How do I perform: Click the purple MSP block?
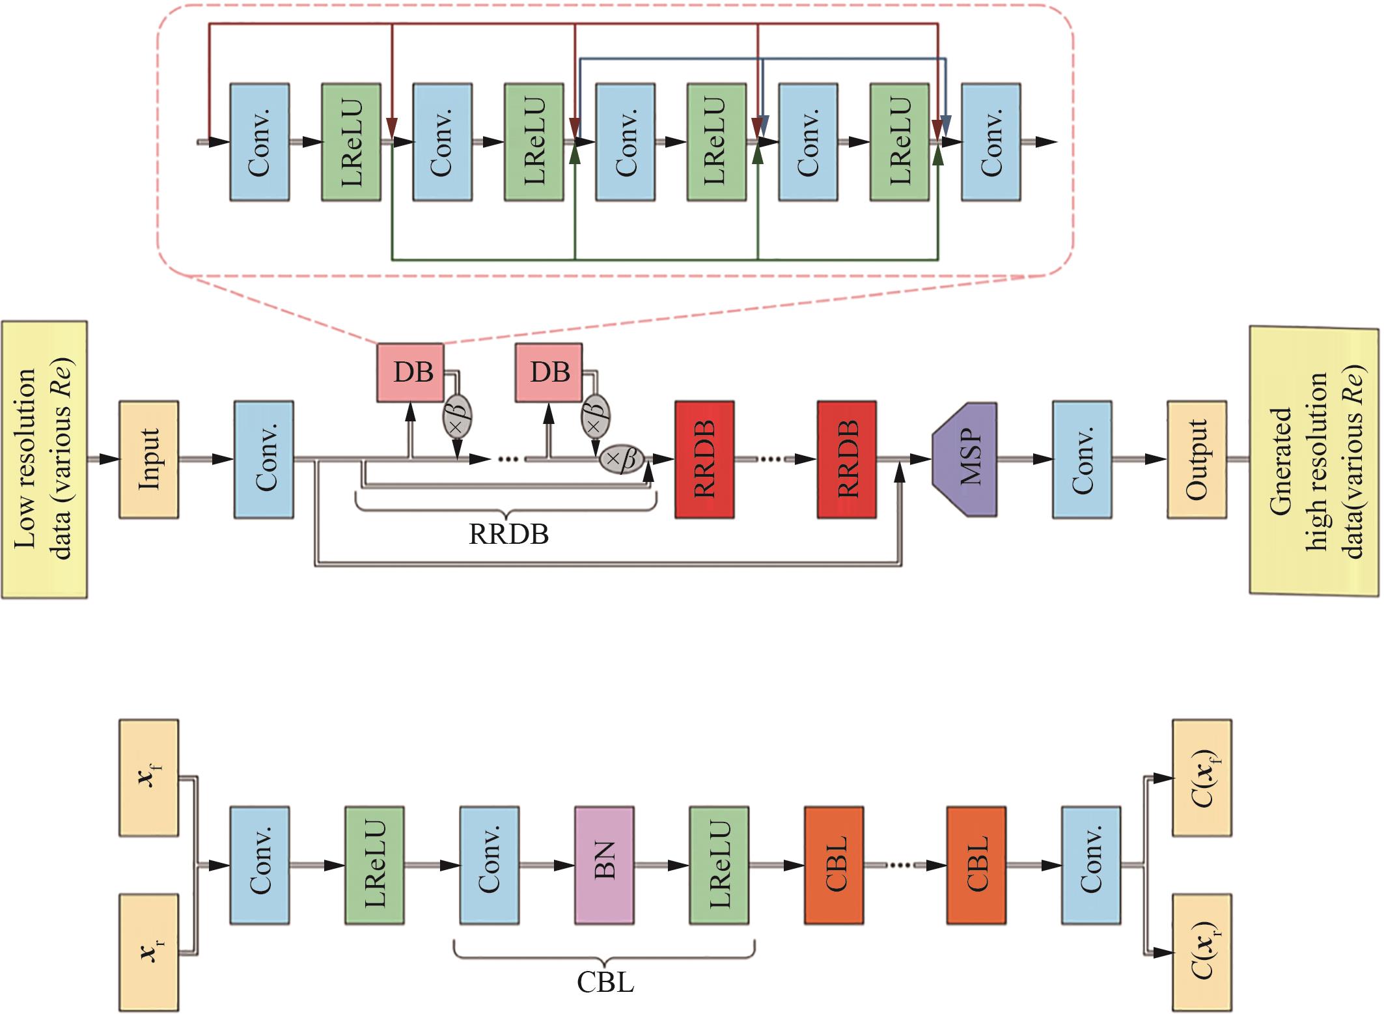point(964,459)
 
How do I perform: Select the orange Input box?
point(148,459)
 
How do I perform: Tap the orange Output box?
point(1197,459)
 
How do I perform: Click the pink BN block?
point(604,865)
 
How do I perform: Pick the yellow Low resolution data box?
point(44,459)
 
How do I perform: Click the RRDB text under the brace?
point(508,535)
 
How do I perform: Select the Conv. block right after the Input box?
point(264,459)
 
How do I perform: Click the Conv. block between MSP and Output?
point(1082,459)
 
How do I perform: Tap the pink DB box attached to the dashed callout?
point(411,373)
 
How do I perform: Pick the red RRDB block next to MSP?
point(846,459)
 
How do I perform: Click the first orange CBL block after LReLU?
point(834,865)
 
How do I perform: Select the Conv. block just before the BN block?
point(489,865)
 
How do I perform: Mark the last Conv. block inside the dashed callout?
point(990,141)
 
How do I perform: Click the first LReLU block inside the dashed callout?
point(351,141)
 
